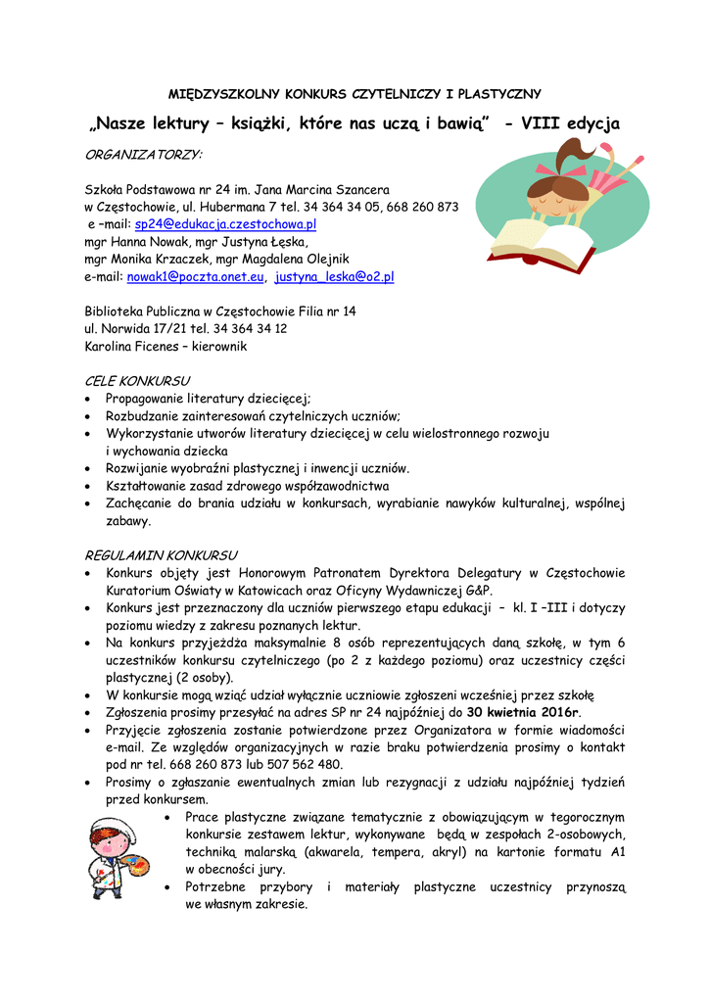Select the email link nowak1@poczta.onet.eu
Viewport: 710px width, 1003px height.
pos(196,277)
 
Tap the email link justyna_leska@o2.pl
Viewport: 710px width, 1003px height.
pos(334,277)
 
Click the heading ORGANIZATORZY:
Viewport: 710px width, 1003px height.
pos(143,155)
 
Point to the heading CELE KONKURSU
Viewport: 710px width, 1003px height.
pos(137,380)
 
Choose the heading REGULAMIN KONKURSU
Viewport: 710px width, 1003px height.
pos(161,554)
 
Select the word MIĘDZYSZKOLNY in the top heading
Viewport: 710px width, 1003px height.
pos(223,94)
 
